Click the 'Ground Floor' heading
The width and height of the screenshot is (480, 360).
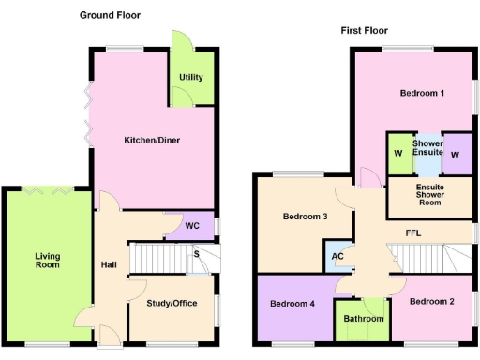(111, 16)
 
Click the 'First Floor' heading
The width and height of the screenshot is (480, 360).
(365, 30)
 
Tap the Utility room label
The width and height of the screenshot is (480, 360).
(190, 77)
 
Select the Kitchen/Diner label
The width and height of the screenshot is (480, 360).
(152, 141)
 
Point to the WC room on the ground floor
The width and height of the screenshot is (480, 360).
(191, 226)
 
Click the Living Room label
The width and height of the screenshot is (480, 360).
(47, 260)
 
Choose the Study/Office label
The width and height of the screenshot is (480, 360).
(172, 303)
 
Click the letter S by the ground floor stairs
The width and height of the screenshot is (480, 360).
(196, 253)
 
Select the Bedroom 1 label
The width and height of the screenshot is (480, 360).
(421, 93)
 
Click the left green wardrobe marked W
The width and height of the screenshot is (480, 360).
(397, 154)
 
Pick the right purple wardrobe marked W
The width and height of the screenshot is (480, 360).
(456, 154)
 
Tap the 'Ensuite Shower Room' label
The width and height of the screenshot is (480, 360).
(429, 194)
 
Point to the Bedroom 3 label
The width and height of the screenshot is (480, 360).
(305, 217)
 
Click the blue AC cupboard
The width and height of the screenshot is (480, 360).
(337, 256)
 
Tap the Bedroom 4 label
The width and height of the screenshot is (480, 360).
(292, 304)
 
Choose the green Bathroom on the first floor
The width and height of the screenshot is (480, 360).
(363, 319)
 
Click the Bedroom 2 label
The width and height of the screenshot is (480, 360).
(431, 301)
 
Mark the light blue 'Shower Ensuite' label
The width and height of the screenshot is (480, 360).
(427, 147)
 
